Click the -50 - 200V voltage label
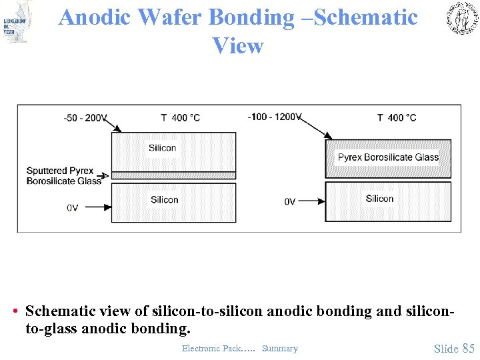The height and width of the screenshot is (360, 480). (x=85, y=118)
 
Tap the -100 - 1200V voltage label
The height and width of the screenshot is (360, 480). (x=274, y=117)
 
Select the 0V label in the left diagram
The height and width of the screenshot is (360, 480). (x=72, y=207)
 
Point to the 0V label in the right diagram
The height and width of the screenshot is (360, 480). (x=289, y=201)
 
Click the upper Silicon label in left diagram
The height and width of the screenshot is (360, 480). (x=163, y=148)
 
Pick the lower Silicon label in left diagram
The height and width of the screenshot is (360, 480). (x=164, y=199)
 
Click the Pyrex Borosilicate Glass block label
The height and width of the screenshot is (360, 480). (x=388, y=157)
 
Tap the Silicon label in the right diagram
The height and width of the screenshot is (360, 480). (x=379, y=199)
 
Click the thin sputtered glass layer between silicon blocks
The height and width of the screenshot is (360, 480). (x=173, y=175)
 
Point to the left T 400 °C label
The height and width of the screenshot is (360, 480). (x=180, y=118)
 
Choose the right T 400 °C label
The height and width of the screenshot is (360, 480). (x=397, y=118)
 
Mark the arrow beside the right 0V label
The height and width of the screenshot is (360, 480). (x=311, y=200)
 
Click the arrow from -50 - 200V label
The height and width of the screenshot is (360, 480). (x=114, y=127)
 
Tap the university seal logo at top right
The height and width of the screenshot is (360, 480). (x=461, y=18)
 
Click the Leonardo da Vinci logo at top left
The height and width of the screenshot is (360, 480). (x=17, y=21)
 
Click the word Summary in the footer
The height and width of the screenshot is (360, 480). (x=280, y=349)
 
